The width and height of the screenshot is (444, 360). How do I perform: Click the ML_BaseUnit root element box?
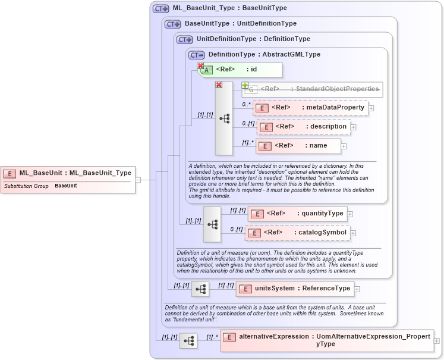pyautogui.click(x=67, y=173)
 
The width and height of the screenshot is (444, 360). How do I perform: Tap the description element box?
pyautogui.click(x=304, y=127)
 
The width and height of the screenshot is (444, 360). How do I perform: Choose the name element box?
pyautogui.click(x=299, y=145)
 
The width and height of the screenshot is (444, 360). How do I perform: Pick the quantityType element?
pyautogui.click(x=297, y=214)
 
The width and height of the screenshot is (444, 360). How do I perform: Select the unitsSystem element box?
pyautogui.click(x=295, y=289)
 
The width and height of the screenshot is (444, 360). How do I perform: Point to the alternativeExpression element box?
pyautogui.click(x=327, y=340)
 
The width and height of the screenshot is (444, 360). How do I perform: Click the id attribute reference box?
pyautogui.click(x=240, y=70)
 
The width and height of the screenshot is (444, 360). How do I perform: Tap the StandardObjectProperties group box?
pyautogui.click(x=312, y=89)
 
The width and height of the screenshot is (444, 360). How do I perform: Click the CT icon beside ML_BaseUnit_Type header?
pyautogui.click(x=161, y=9)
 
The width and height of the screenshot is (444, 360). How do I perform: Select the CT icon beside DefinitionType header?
pyautogui.click(x=196, y=55)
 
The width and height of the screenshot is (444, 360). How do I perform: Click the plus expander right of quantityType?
pyautogui.click(x=350, y=214)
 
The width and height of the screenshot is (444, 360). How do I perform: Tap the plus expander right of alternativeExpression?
pyautogui.click(x=437, y=341)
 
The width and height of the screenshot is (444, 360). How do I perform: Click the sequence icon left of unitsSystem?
pyautogui.click(x=200, y=289)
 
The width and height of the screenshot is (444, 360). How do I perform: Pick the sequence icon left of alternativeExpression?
pyautogui.click(x=188, y=341)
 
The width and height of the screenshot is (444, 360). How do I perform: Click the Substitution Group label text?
pyautogui.click(x=26, y=186)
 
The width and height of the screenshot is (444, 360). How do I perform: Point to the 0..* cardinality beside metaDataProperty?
pyautogui.click(x=245, y=104)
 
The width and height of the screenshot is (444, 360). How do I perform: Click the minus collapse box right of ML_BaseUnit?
pyautogui.click(x=138, y=179)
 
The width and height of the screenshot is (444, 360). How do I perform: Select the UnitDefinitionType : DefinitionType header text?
pyautogui.click(x=253, y=39)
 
